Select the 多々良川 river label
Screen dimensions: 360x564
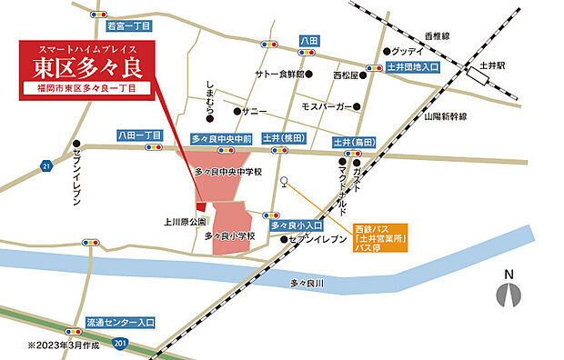point(307,284)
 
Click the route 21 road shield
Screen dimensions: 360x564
point(46,165)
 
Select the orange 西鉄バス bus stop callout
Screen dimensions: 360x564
point(381,236)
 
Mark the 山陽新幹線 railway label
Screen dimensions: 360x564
point(445,117)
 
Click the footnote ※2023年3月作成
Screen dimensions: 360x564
point(62,345)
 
